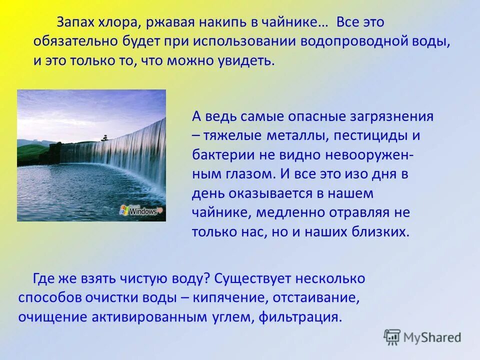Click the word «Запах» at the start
[x=74, y=23]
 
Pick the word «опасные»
[x=314, y=117]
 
